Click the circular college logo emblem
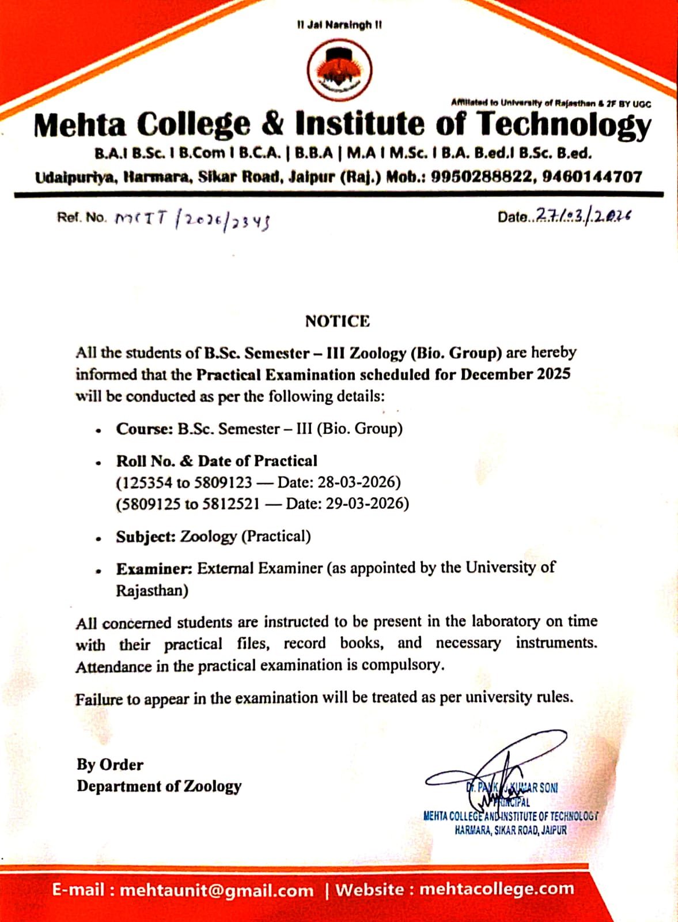click(339, 71)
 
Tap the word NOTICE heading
click(338, 321)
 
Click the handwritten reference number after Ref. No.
click(192, 220)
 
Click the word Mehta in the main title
click(79, 125)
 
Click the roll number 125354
click(145, 482)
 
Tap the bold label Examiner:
click(154, 569)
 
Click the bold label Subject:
click(146, 537)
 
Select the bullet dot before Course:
click(99, 430)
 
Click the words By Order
click(110, 765)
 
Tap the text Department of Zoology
click(159, 787)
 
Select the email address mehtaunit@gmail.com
click(217, 890)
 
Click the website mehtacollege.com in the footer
click(497, 889)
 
